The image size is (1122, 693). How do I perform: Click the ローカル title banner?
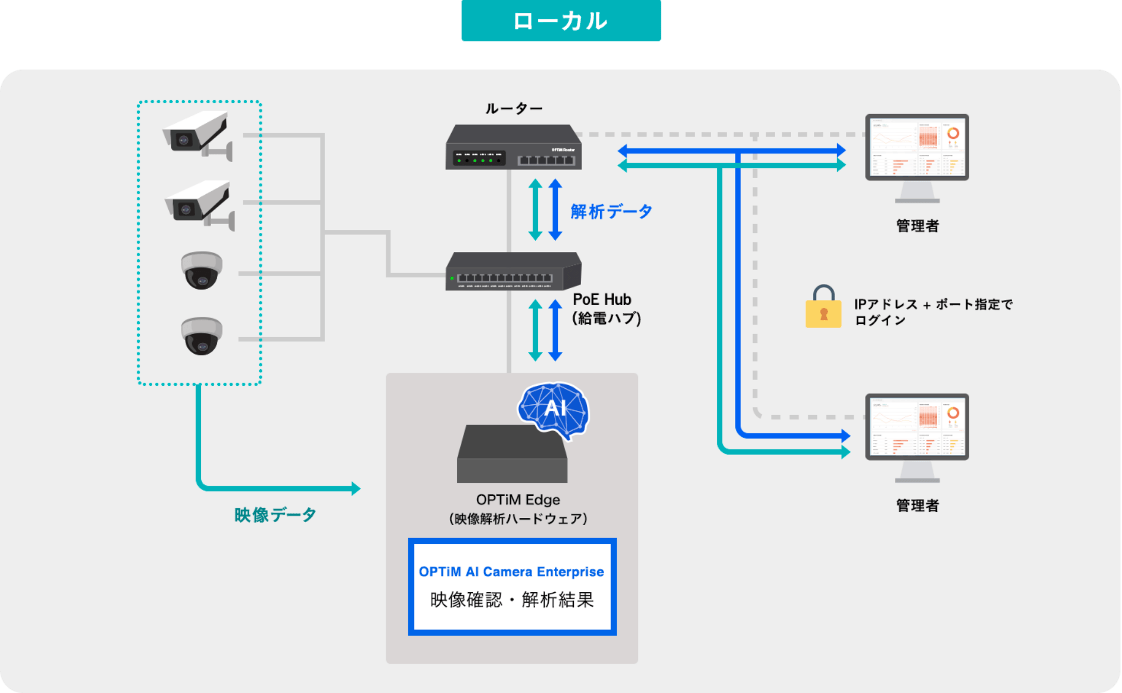click(x=561, y=21)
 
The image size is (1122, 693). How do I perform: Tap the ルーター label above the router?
click(x=514, y=108)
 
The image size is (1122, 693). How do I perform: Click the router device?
click(x=514, y=148)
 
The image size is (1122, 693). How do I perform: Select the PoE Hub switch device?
click(x=514, y=272)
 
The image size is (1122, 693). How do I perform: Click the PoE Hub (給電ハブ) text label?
click(x=606, y=309)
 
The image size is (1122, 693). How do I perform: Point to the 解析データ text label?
click(x=611, y=211)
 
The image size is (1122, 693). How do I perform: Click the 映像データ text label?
click(x=275, y=515)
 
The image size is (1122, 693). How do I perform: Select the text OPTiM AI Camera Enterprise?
click(x=511, y=572)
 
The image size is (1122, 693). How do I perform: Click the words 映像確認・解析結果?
click(x=512, y=600)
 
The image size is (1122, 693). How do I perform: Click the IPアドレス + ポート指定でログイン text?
click(x=933, y=312)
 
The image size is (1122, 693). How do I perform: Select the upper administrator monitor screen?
click(x=917, y=148)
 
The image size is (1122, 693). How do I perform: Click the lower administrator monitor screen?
click(x=917, y=427)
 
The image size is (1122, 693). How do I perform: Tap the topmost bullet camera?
click(x=198, y=134)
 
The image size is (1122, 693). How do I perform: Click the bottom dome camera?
click(x=201, y=336)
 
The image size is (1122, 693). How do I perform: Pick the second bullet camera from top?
click(x=200, y=204)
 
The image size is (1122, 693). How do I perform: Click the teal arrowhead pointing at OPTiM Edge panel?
click(x=356, y=488)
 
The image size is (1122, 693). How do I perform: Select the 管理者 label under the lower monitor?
click(x=917, y=505)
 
